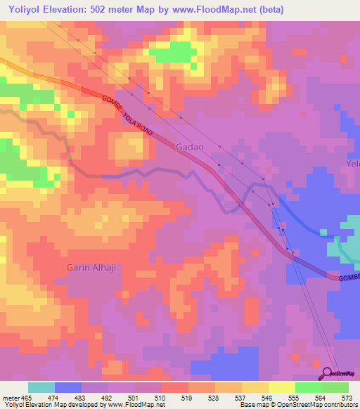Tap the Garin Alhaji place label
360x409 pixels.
coord(91,268)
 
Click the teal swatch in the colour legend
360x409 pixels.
coord(41,387)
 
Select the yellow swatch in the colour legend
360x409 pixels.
coord(282,387)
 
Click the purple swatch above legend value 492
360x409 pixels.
coord(95,387)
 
